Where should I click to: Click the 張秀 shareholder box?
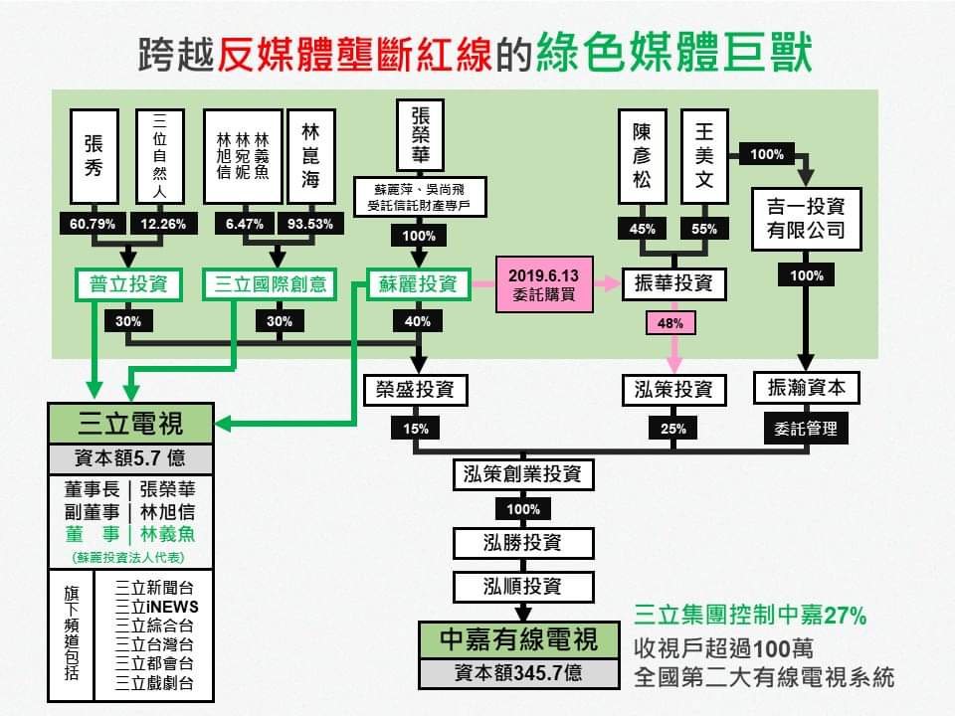click(x=94, y=155)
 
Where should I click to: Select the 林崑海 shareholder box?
click(x=309, y=155)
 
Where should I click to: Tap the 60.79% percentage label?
click(x=93, y=224)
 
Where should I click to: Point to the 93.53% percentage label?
click(x=309, y=224)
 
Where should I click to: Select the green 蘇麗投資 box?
click(x=418, y=284)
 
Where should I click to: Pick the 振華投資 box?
click(x=673, y=284)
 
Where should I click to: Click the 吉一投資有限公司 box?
click(x=806, y=219)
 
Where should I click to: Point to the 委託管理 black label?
click(x=806, y=430)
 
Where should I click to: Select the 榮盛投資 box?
click(x=416, y=389)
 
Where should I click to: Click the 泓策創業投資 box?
click(x=522, y=474)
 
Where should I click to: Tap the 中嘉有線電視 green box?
click(x=519, y=639)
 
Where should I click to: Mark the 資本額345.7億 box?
click(x=519, y=672)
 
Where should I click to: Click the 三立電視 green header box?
click(x=130, y=425)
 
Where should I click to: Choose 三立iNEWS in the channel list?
click(x=156, y=607)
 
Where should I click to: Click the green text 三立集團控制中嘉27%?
click(x=750, y=617)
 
